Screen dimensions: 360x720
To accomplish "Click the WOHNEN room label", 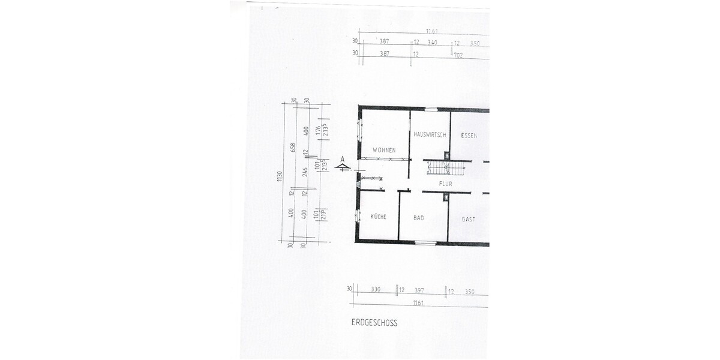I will (384, 150).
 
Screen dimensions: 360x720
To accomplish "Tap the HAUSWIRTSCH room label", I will (430, 136).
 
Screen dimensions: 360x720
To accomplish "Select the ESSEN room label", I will (469, 136).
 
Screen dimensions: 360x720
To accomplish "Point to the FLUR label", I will (445, 184).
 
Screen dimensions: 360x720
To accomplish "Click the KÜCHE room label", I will (378, 217).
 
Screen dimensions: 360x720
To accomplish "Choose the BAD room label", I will (418, 218).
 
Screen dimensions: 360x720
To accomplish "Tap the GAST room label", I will (469, 220).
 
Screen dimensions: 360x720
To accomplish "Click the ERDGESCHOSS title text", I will (374, 323).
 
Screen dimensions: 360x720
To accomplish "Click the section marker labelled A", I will (343, 164).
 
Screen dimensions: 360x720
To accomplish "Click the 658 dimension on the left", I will (293, 148).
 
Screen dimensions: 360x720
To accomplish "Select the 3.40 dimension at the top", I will (432, 43).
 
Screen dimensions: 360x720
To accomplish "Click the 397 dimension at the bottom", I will (419, 291).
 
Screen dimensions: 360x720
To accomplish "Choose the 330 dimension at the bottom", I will (376, 290).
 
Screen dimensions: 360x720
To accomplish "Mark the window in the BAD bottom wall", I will (424, 242).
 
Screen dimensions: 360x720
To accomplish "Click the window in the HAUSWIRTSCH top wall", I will (431, 109).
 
